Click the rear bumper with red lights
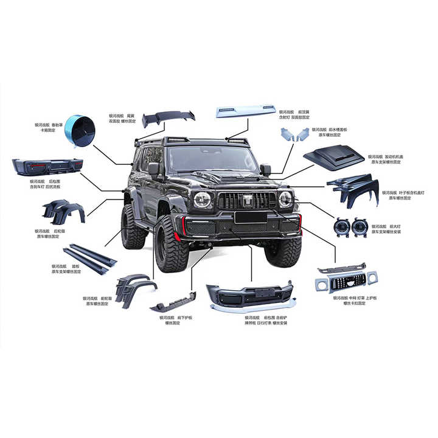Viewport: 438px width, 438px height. coord(47,167)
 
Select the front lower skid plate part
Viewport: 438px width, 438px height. coord(174,301)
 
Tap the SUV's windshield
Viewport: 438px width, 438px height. coord(214,159)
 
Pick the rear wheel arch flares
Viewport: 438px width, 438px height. coord(63,210)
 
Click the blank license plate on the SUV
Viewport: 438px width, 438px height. coord(251,217)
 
